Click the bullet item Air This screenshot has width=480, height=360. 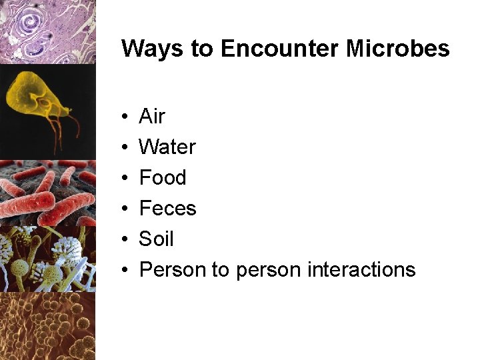pos(151,117)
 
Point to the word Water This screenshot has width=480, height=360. pos(167,147)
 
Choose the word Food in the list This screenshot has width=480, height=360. pos(163,178)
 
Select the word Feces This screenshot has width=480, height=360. pos(167,209)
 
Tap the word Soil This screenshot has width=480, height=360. pos(156,239)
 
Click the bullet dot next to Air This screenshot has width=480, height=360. pos(125,117)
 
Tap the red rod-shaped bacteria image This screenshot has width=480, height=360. pos(47,193)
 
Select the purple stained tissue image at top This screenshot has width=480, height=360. pos(47,31)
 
